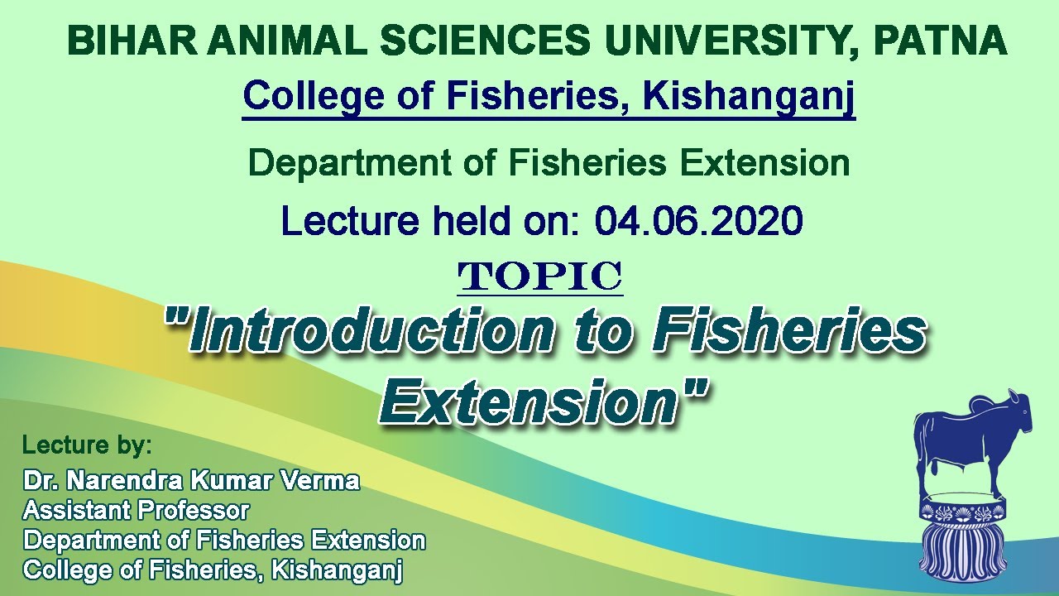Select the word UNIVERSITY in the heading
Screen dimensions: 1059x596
click(x=726, y=41)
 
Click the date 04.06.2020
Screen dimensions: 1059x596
click(x=699, y=221)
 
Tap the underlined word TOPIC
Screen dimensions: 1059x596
click(x=540, y=276)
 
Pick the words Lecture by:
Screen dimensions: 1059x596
click(x=87, y=445)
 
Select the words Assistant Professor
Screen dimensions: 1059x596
click(x=137, y=511)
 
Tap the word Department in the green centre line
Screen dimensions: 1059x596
click(x=349, y=164)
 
